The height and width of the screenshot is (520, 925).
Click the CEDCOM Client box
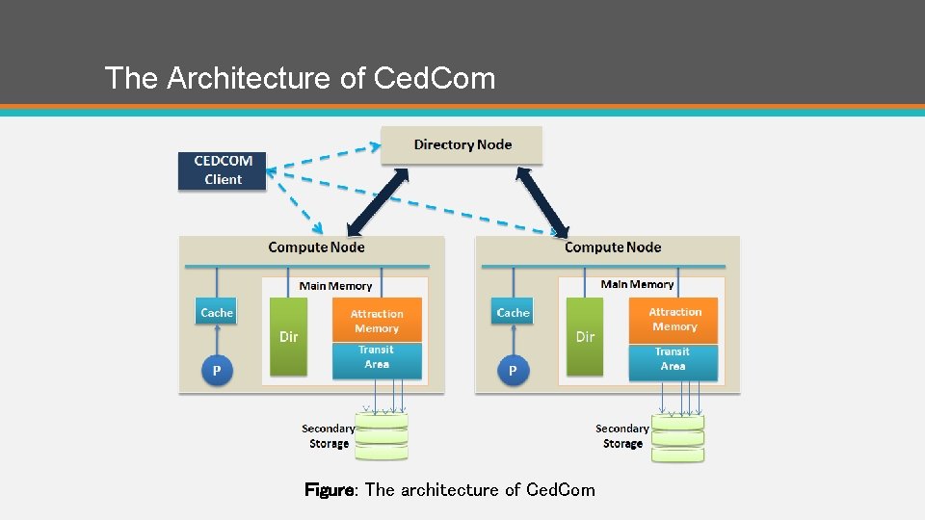[x=223, y=170]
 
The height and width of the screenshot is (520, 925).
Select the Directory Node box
[x=462, y=145]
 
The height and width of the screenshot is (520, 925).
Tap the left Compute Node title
[x=316, y=247]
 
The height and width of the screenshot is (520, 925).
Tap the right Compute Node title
[x=613, y=247]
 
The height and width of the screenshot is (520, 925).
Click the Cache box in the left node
[x=217, y=313]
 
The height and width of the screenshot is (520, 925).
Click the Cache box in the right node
[x=513, y=313]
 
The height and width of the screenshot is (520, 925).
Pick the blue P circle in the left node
[x=217, y=371]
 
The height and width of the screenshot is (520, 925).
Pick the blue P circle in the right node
[x=513, y=371]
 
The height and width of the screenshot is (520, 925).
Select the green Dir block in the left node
[x=288, y=336]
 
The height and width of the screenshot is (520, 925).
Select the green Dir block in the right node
[x=585, y=336]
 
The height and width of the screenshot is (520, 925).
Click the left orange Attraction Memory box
[x=377, y=321]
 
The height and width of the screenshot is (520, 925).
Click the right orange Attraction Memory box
[x=674, y=319]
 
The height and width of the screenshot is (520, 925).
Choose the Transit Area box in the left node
[x=377, y=358]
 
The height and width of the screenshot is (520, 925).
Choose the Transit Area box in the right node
[x=674, y=360]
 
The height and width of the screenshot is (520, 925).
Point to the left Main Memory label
[x=335, y=286]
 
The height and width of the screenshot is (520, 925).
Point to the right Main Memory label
[x=637, y=284]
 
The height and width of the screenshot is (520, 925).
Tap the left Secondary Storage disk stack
[x=381, y=436]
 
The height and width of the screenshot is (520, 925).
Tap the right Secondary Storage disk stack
[x=677, y=437]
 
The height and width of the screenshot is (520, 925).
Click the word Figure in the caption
[x=330, y=490]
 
